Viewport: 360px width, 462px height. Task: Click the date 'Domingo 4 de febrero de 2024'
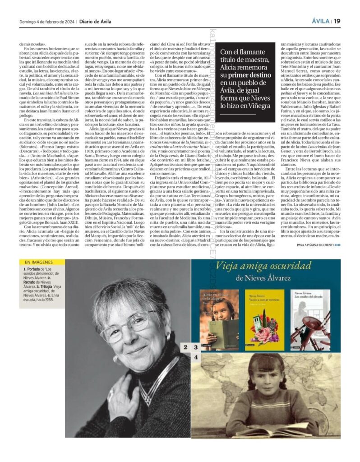tap(47, 21)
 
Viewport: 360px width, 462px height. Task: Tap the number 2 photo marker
tap(185, 347)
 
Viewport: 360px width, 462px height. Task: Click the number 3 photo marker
tap(196, 347)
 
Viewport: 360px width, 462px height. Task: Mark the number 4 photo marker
tap(196, 357)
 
